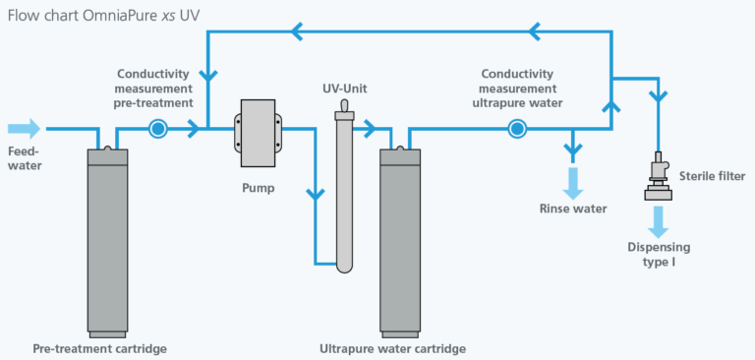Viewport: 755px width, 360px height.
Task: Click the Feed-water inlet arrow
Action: [x=25, y=129]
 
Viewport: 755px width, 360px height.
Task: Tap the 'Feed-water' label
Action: [x=26, y=159]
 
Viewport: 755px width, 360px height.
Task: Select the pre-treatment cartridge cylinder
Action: [x=114, y=241]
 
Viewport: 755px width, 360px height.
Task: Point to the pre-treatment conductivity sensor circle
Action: [x=157, y=129]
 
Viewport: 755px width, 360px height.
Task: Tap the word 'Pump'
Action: [x=257, y=187]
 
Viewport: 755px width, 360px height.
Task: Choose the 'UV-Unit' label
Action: [x=344, y=90]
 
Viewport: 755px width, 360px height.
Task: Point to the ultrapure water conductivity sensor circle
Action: [x=516, y=129]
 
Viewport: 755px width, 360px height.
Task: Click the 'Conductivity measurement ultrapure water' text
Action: [x=518, y=88]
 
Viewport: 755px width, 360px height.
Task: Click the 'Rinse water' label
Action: [x=573, y=209]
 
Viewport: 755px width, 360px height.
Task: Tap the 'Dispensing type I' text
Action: [x=660, y=255]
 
